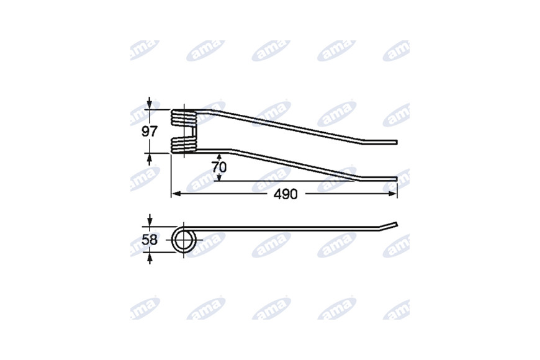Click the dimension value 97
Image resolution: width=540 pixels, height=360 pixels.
coord(150,132)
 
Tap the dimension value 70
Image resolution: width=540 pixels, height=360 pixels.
coord(219,167)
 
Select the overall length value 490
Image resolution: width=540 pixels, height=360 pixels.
coord(286,194)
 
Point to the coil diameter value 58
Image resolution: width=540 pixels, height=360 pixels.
coord(150,240)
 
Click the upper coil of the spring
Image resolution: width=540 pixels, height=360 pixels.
coord(184,117)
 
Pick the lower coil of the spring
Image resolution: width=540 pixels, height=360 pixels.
coord(184,145)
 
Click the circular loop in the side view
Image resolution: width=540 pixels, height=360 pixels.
coord(184,240)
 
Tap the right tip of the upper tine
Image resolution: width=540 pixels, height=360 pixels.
coord(397,142)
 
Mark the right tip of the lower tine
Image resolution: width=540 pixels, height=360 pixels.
coord(397,179)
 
